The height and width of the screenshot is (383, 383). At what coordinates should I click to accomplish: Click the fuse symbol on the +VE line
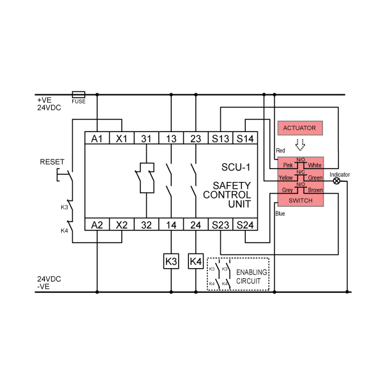coord(79,94)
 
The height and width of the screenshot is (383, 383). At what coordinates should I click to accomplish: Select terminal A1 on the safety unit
coord(97,138)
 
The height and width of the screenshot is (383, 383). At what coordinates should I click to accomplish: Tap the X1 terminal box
coord(122,138)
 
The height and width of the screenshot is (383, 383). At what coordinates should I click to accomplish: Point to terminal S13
coord(220,138)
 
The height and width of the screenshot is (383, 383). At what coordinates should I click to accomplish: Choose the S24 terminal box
coord(245,224)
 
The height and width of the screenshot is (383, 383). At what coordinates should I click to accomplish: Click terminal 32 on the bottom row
coord(146,224)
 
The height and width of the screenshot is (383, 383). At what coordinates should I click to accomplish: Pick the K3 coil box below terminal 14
coord(171,261)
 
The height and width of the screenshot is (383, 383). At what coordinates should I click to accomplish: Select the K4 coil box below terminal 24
coord(196,261)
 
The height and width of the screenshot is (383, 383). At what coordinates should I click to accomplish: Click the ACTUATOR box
coord(300,128)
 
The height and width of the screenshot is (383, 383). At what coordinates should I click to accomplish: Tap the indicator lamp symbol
coord(336,181)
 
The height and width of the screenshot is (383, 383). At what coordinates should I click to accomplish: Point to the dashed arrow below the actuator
coord(300,145)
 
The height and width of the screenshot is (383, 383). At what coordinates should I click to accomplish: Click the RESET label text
coord(52,161)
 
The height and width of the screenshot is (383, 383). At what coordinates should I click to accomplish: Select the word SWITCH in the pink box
coord(301,200)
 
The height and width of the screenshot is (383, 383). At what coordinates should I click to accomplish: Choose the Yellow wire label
coord(285,177)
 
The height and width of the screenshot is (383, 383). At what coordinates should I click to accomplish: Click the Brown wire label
coord(315,190)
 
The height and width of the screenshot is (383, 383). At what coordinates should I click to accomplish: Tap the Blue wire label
coord(280,214)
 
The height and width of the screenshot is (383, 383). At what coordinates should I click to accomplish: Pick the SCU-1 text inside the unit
coord(236,167)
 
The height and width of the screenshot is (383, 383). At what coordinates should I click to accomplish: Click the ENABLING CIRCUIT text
coord(252,277)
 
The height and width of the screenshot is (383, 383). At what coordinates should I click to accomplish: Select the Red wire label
coord(280,151)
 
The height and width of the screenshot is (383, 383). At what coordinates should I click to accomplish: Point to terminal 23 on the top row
coord(196,138)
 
